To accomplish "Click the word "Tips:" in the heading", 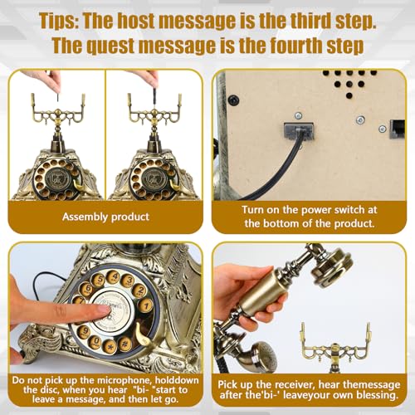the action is (58, 21).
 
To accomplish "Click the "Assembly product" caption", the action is (105, 217).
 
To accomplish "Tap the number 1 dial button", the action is (146, 306).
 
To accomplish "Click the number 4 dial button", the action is (114, 277).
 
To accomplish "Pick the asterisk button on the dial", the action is (110, 346).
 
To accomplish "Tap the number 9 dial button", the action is (84, 331).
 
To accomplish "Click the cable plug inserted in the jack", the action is (299, 131).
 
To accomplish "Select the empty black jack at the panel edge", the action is (397, 129).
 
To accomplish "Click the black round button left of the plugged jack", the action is (233, 100).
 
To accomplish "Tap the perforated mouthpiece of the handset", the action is (264, 355).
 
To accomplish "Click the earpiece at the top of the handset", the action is (333, 266).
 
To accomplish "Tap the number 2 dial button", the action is (140, 290).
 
